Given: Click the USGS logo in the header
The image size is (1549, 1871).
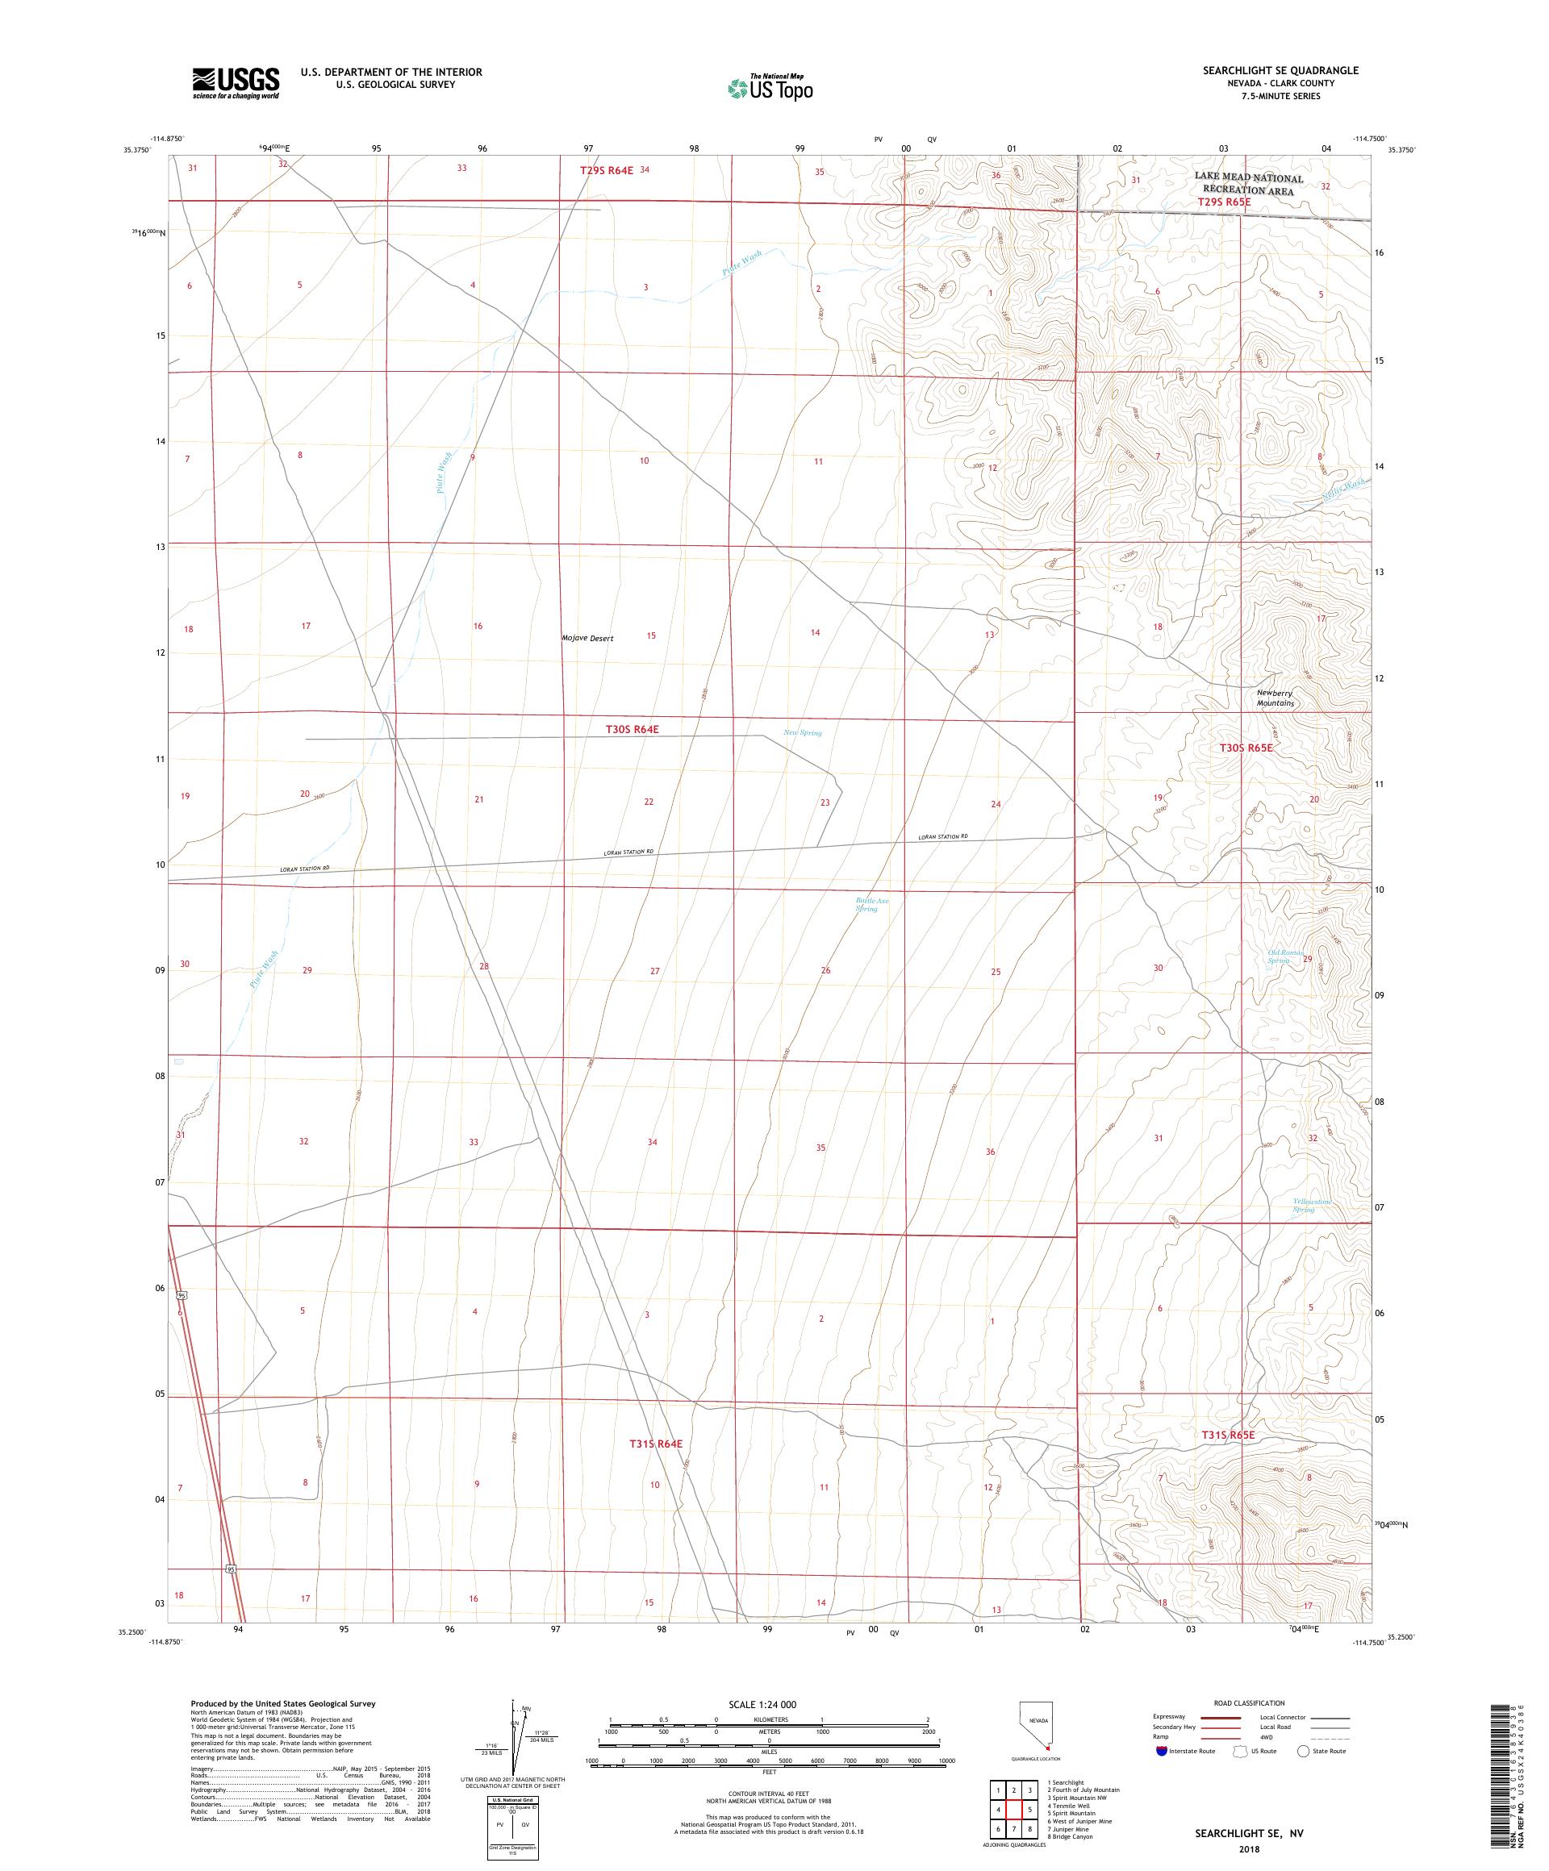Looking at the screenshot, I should click(236, 83).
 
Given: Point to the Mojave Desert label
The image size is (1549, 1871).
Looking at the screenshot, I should click(587, 638).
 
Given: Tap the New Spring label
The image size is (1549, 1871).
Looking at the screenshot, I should click(802, 733).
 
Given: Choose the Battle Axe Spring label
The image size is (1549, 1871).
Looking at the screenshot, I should click(871, 905).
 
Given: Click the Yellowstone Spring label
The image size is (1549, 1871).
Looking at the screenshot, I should click(1311, 1205).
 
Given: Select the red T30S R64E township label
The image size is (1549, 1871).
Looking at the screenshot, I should click(632, 729).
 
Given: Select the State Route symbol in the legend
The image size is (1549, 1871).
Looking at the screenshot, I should click(1303, 1751).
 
